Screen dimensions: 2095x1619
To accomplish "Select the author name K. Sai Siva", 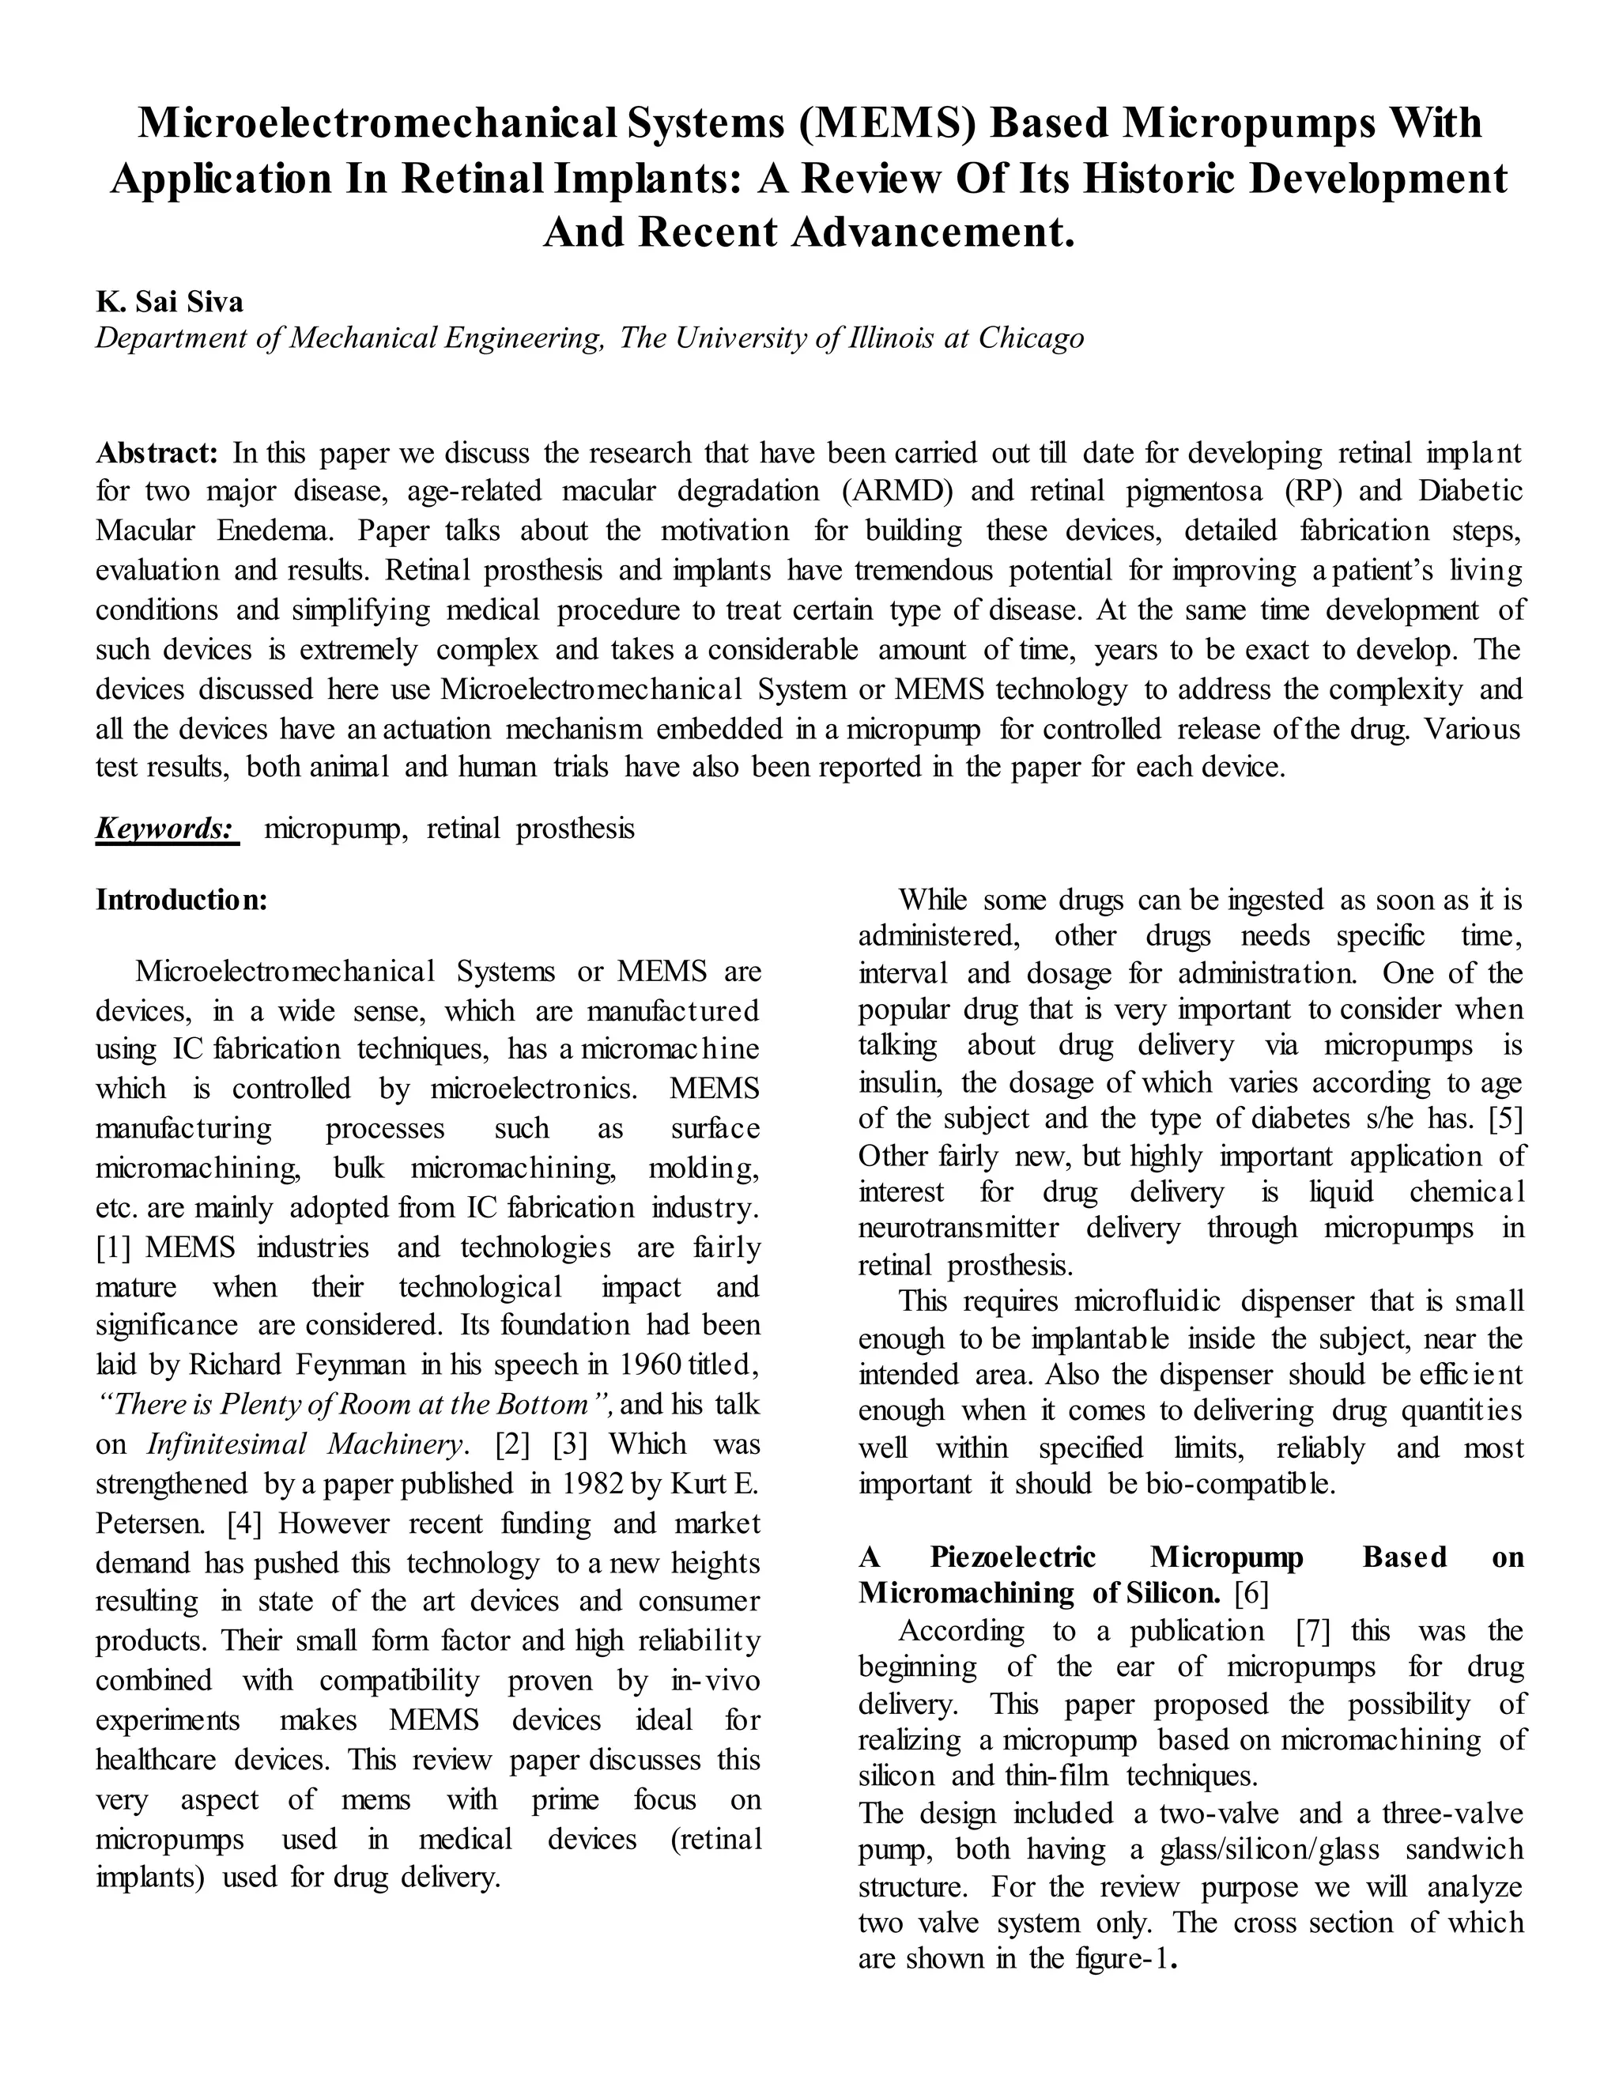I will click(170, 302).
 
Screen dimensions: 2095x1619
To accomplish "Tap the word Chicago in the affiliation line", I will click(1031, 338).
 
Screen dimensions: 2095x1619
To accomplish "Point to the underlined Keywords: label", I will click(167, 828).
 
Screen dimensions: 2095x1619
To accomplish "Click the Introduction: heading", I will click(181, 900).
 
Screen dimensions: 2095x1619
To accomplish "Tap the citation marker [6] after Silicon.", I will click(1251, 1593).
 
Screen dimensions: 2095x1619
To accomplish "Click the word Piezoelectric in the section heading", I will click(1013, 1557).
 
